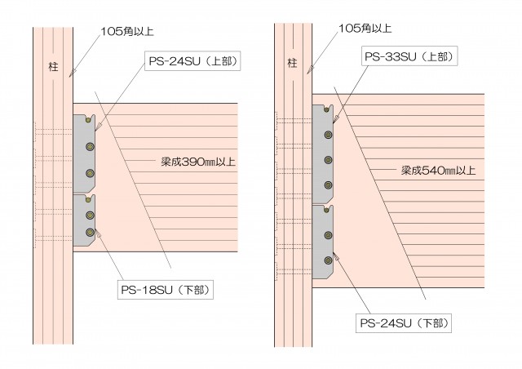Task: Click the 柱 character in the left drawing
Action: point(53,66)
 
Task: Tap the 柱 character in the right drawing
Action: point(291,62)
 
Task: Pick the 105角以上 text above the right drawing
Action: point(365,28)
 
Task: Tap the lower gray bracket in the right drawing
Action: point(325,242)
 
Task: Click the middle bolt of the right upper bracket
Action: point(328,160)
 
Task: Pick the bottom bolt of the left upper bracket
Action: point(90,173)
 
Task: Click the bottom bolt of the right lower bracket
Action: point(328,260)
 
